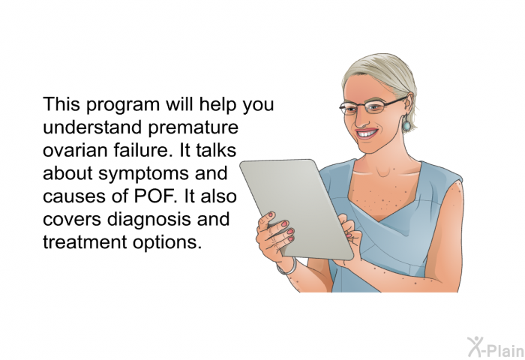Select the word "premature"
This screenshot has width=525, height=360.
click(x=193, y=127)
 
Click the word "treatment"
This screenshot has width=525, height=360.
click(x=85, y=241)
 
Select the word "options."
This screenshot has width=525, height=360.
click(x=167, y=243)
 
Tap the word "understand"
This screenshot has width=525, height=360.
click(x=92, y=127)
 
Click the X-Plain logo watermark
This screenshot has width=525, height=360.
click(x=495, y=346)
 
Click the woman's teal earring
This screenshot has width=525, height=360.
click(x=406, y=124)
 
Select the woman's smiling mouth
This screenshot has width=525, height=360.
click(x=367, y=133)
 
